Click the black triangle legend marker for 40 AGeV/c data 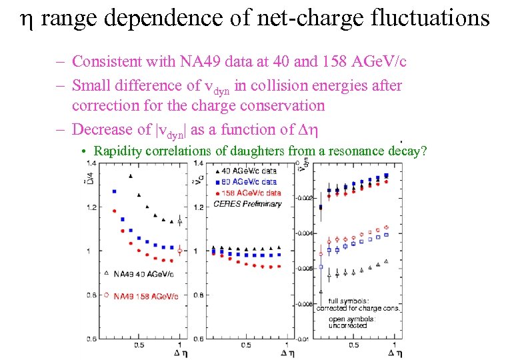[218, 171]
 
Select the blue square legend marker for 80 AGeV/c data [218, 182]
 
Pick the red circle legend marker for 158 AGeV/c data [218, 193]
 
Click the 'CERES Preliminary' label [247, 204]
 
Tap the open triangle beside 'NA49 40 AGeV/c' [107, 273]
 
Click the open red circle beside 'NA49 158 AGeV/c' [107, 295]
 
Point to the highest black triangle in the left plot [130, 175]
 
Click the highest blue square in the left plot [114, 191]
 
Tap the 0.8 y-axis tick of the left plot [89, 295]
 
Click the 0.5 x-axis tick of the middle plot [247, 345]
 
